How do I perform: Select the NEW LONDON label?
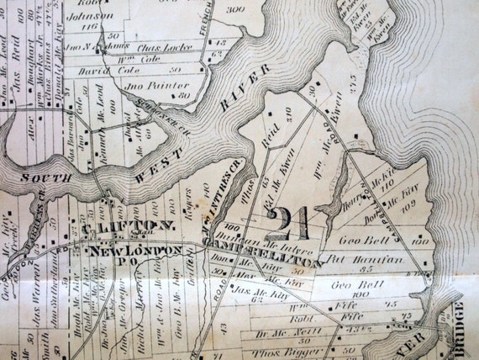(x=136, y=251)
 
